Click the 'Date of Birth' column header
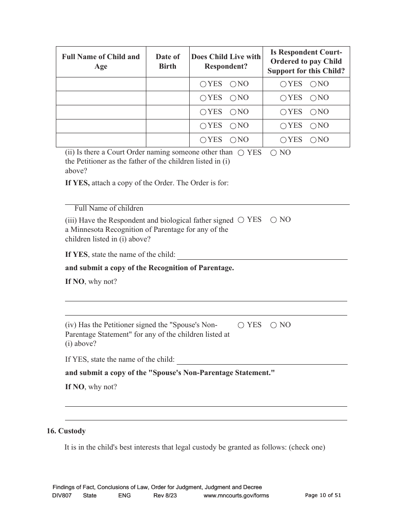tap(168, 62)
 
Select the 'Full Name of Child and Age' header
tap(101, 62)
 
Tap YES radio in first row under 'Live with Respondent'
tap(203, 84)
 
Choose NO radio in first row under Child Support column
tap(313, 84)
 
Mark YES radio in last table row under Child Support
tap(283, 140)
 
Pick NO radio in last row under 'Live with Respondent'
tap(233, 140)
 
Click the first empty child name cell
tap(101, 84)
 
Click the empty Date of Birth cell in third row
tap(168, 112)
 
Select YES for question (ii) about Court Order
tap(241, 153)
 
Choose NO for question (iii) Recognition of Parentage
tap(273, 220)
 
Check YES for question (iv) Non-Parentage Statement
tap(241, 325)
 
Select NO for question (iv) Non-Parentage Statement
tap(273, 325)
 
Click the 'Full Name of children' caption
tap(109, 208)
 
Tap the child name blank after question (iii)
tap(262, 255)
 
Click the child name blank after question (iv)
tap(262, 360)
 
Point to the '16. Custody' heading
tap(66, 431)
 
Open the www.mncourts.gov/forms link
tap(236, 495)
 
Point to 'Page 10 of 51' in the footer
tap(323, 495)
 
